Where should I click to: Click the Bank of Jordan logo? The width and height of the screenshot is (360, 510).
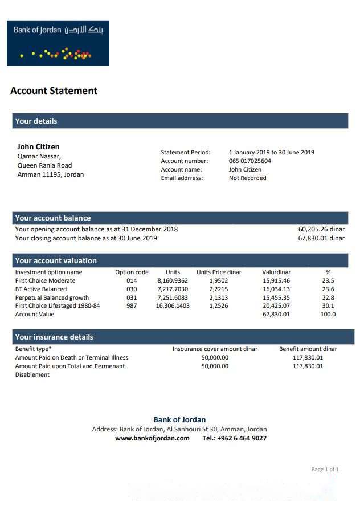tap(58, 43)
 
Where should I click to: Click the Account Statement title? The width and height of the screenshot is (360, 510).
tap(54, 91)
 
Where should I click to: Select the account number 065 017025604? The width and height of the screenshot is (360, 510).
tap(250, 161)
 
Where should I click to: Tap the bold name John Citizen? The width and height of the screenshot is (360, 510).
tap(38, 146)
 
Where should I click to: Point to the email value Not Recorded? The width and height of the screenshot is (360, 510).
tap(247, 178)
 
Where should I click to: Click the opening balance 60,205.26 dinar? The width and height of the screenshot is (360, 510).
tap(321, 229)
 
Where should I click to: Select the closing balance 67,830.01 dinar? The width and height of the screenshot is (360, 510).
tap(321, 238)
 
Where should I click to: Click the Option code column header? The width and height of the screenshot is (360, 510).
tap(132, 272)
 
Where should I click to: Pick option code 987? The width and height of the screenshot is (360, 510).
tap(132, 305)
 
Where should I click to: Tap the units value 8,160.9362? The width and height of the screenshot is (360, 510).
tap(173, 280)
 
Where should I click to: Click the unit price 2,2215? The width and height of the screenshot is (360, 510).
tap(219, 289)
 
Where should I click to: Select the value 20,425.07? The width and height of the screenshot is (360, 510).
tap(276, 305)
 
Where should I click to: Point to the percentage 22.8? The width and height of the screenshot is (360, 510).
tap(328, 297)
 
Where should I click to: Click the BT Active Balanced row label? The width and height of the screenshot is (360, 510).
tap(40, 289)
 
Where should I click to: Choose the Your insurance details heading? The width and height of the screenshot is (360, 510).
tap(54, 337)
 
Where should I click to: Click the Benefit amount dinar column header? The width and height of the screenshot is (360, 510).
tap(308, 349)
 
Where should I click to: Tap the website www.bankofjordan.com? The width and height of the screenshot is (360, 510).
tap(152, 438)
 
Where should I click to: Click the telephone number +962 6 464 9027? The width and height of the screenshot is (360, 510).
tap(234, 438)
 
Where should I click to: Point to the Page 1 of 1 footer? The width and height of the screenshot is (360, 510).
tap(325, 470)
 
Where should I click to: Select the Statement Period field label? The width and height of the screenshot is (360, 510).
tap(186, 152)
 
